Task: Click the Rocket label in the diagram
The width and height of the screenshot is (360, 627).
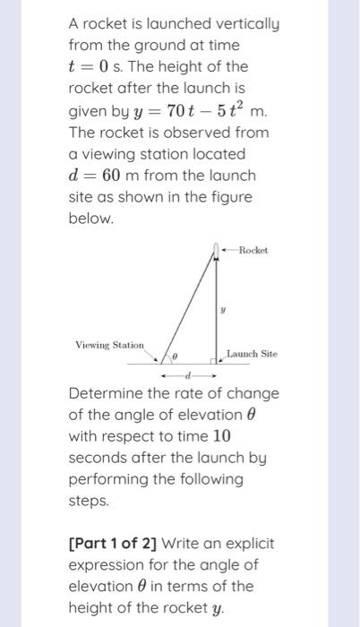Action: tap(253, 250)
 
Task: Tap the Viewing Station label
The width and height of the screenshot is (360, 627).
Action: tap(109, 344)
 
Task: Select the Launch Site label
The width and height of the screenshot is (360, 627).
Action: tap(252, 354)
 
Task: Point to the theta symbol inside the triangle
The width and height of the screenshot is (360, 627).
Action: tap(176, 356)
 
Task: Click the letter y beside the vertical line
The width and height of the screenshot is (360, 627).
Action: tap(223, 308)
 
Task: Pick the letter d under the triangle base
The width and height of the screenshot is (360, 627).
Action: tap(187, 375)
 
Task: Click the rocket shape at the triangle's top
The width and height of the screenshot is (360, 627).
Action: tap(215, 249)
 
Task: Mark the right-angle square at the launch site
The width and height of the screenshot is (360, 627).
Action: tap(211, 361)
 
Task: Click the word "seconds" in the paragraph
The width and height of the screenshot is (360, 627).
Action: tap(99, 458)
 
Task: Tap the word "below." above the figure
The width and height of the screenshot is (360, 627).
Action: tap(91, 218)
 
